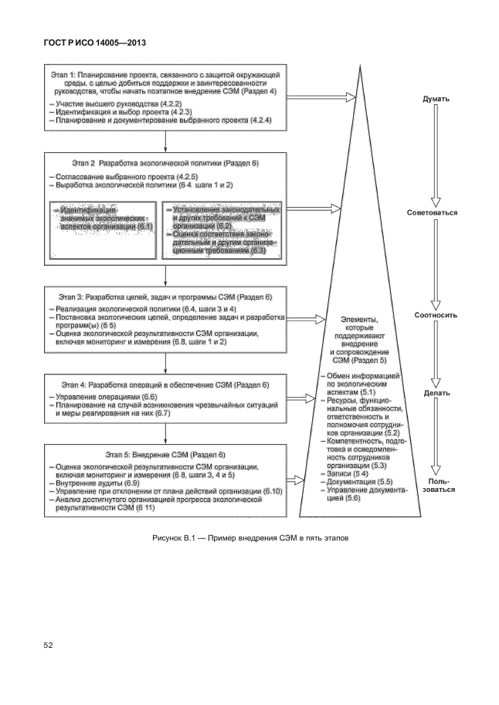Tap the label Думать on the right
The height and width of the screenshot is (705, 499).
pyautogui.click(x=436, y=100)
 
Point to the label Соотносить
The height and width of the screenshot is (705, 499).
pyautogui.click(x=436, y=315)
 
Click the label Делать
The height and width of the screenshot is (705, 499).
pyautogui.click(x=437, y=393)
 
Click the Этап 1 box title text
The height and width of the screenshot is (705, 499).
pyautogui.click(x=165, y=83)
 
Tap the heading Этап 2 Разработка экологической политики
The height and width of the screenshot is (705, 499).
pyautogui.click(x=154, y=164)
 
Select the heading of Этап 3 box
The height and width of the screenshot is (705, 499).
pyautogui.click(x=166, y=297)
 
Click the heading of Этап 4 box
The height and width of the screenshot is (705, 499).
pyautogui.click(x=166, y=384)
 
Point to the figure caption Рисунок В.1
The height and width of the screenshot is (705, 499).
pyautogui.click(x=250, y=537)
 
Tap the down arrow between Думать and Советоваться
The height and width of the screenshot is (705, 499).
pyautogui.click(x=437, y=154)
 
